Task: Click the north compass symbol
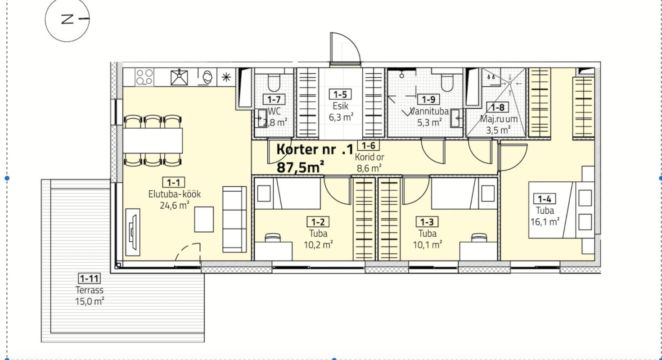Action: tap(68, 19)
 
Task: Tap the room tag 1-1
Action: tap(173, 182)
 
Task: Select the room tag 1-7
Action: tap(274, 99)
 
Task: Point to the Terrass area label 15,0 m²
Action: tap(89, 301)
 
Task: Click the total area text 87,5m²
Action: tap(300, 167)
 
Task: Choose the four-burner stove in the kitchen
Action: tap(144, 77)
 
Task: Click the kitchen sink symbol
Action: tap(179, 77)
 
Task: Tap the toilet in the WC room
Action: tap(274, 82)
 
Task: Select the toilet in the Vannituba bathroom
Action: tap(447, 82)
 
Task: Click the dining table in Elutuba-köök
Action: tap(153, 141)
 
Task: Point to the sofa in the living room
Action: tap(234, 219)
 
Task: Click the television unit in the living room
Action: tap(133, 232)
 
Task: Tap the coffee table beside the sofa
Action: tap(204, 219)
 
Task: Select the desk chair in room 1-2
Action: tap(273, 238)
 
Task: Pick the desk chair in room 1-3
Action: tap(479, 238)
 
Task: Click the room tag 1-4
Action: tap(545, 198)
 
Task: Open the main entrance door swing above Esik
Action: tap(345, 48)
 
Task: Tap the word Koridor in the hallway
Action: tap(369, 157)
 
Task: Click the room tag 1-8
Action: tap(498, 107)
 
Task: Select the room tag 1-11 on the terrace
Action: tap(89, 279)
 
